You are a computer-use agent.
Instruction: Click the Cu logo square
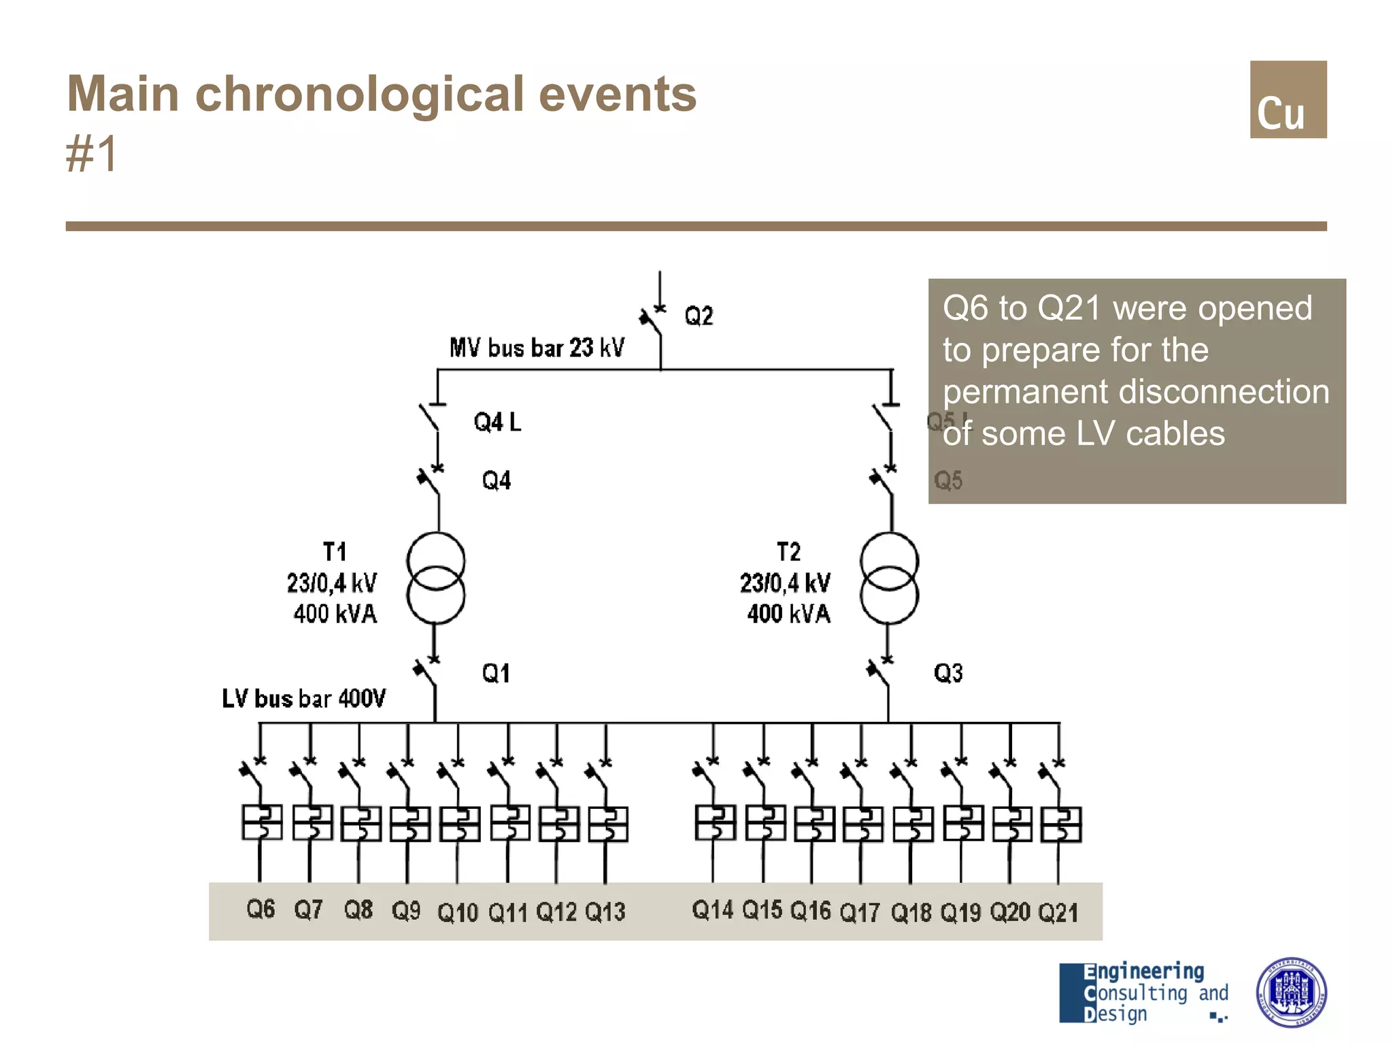coord(1288,99)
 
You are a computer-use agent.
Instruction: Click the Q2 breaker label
coord(699,316)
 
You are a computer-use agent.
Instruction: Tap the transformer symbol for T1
coord(436,578)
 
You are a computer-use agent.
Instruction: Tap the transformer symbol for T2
coord(889,578)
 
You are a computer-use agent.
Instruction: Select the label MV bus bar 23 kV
coord(537,348)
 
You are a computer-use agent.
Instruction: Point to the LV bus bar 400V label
coord(303,699)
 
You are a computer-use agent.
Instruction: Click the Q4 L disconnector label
coord(497,422)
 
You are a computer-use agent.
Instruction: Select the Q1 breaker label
coord(496,674)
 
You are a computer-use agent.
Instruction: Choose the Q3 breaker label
coord(948,674)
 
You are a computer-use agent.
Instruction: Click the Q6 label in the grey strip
coord(261,910)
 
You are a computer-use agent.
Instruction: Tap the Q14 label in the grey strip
coord(712,910)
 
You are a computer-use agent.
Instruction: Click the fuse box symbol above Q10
coord(460,824)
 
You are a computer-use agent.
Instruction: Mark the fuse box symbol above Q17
coord(863,824)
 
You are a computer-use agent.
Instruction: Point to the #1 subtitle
coord(92,154)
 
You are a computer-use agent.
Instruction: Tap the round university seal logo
coord(1290,993)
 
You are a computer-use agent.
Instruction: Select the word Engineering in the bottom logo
coord(1144,972)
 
